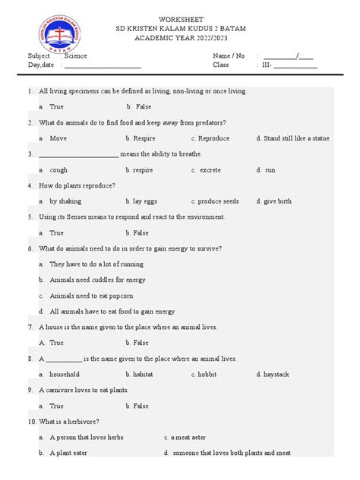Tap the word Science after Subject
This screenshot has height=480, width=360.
pos(76,55)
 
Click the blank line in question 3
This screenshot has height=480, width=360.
pos(77,155)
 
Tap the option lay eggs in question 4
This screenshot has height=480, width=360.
pos(147,201)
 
